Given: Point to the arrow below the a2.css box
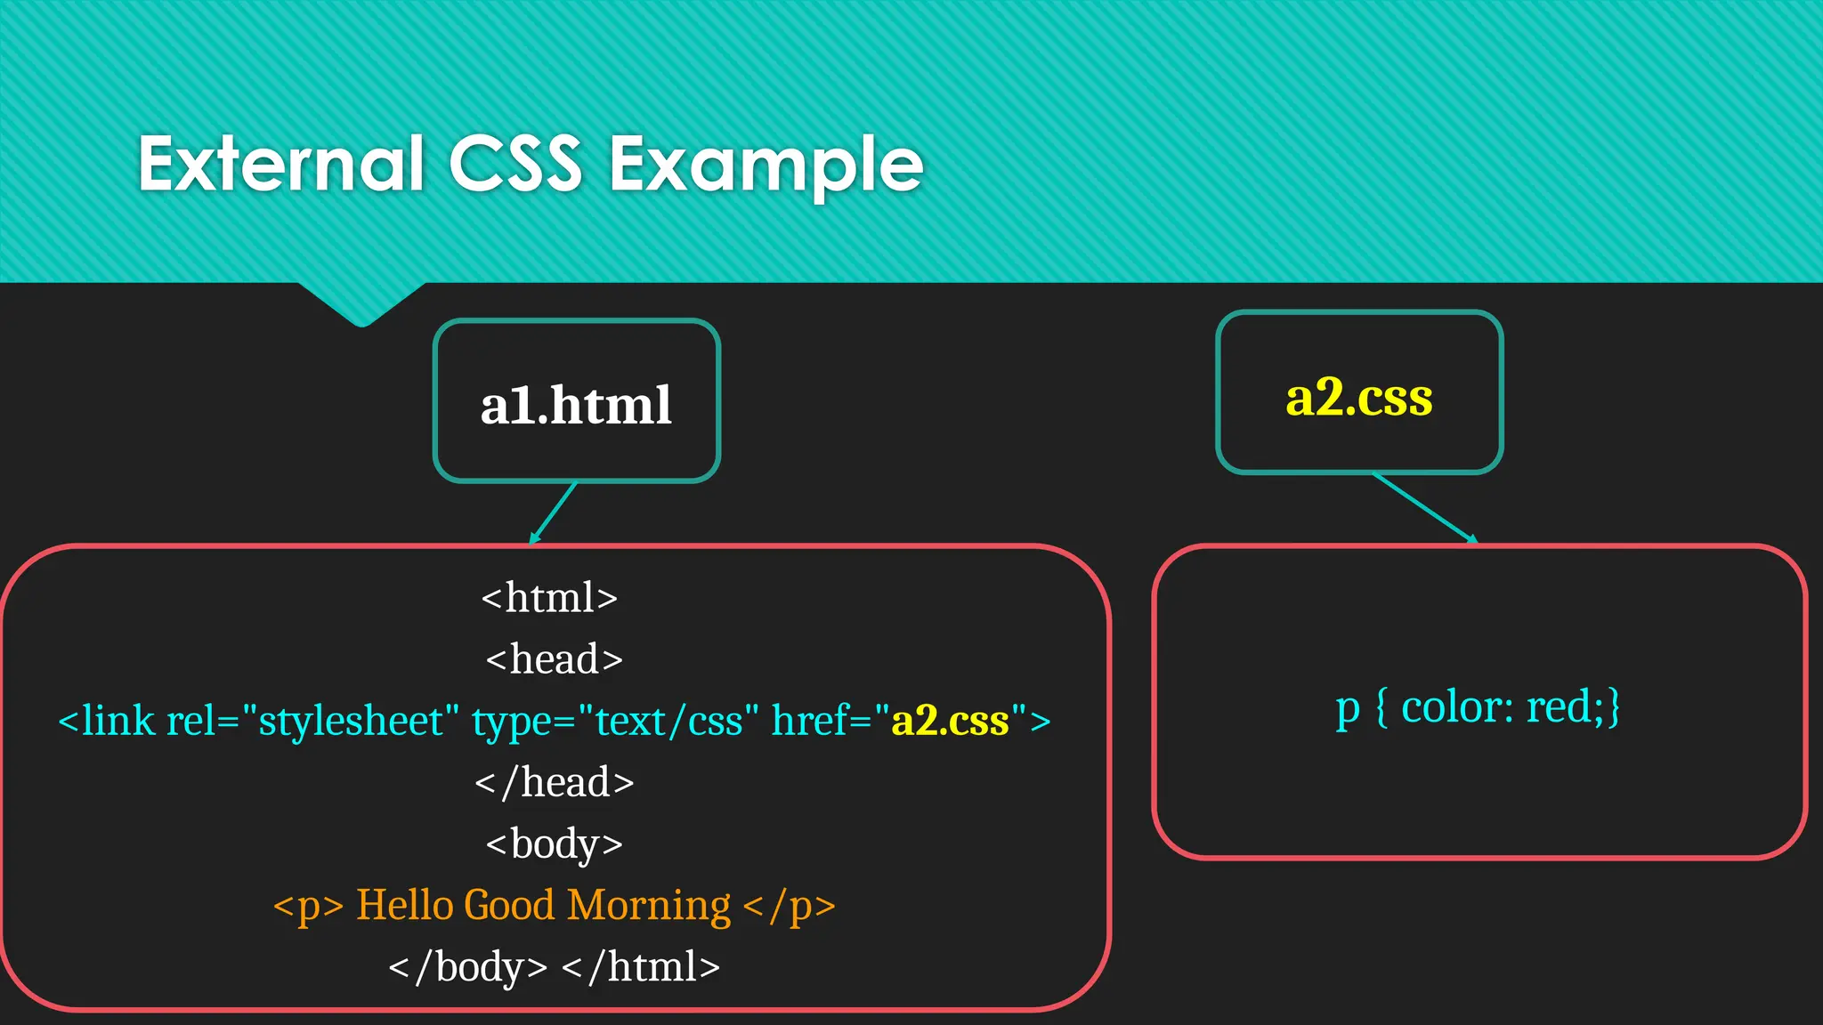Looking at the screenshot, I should coord(1424,508).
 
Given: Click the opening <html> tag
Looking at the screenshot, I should coord(549,597).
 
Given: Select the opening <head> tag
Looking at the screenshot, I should coord(554,659).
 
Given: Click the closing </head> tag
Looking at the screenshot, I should coord(554,782).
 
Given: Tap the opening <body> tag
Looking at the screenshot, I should coord(554,843).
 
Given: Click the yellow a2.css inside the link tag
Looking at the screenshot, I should coord(950,721).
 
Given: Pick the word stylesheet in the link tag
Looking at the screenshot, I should coord(350,721).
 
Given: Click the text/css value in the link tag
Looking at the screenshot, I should coord(668,721).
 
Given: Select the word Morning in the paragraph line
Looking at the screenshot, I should coord(649,905).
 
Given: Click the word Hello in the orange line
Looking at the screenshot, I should coord(405,905).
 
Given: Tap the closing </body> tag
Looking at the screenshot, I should coord(468,967).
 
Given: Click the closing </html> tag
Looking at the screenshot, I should coord(641,967).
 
